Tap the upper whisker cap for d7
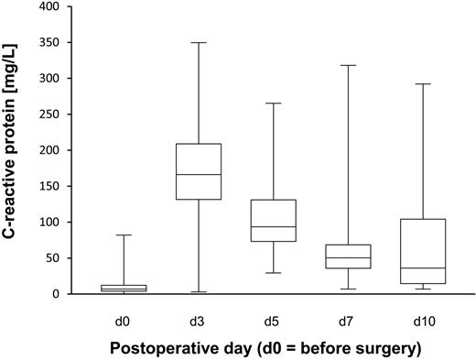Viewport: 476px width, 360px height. [349, 65]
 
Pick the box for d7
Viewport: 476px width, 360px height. [349, 256]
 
